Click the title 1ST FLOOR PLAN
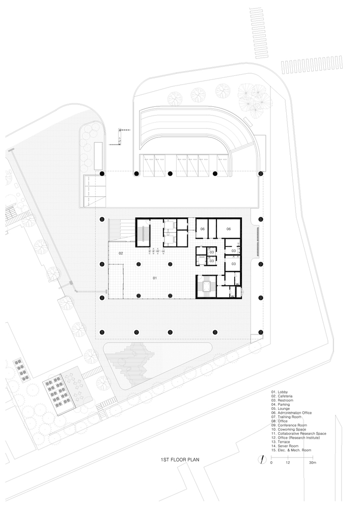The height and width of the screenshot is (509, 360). coord(180,460)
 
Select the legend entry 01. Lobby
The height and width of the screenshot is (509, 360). coord(280,392)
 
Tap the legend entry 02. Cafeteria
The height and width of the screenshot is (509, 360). coord(282,397)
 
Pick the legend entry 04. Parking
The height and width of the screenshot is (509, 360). coord(281,405)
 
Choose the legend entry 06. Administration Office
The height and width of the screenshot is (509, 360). coord(291,413)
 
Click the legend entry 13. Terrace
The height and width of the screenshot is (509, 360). coord(281,442)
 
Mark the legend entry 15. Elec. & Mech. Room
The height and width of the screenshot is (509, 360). coord(291,450)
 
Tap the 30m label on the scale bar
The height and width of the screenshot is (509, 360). coord(312,463)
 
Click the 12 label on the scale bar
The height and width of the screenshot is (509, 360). coord(288,463)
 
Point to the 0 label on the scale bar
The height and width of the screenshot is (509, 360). coord(271,463)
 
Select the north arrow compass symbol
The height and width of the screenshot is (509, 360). coord(262,460)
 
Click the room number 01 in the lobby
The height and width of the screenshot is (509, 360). coord(155,278)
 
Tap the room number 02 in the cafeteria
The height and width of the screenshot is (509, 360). coord(121,253)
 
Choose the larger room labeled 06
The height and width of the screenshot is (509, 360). coord(229,229)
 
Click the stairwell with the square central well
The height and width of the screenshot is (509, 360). coord(206,286)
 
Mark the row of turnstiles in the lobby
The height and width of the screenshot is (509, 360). coord(155,250)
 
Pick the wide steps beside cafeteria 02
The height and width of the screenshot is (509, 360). coord(121,230)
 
